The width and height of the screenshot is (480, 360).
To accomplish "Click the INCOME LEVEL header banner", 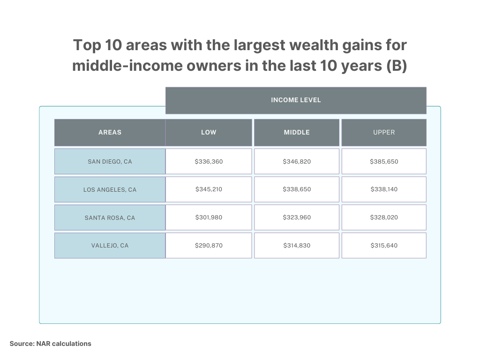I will click(296, 100).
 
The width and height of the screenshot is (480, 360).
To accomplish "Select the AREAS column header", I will click(110, 133).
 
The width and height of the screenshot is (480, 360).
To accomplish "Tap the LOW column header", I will click(209, 133).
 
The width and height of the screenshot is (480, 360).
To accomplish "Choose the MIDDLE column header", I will click(297, 133).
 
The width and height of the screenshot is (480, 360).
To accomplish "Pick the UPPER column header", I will click(384, 133).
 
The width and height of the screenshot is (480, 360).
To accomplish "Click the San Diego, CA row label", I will click(110, 162).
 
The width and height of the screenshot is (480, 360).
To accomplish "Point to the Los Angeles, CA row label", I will click(110, 190).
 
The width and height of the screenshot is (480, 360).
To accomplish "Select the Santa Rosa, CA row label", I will click(110, 218).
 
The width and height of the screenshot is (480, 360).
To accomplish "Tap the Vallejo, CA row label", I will click(110, 246).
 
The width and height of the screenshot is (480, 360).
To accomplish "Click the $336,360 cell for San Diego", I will click(209, 162).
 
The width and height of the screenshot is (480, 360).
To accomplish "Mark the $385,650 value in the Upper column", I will click(384, 162).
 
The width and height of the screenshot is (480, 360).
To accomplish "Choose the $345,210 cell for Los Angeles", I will click(209, 189).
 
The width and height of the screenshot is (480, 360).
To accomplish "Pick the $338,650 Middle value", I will click(297, 189).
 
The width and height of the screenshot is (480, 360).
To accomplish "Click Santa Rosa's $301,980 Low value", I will click(209, 217).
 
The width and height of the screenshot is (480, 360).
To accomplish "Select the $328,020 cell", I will click(384, 217).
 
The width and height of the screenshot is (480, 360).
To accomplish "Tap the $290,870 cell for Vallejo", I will click(209, 246).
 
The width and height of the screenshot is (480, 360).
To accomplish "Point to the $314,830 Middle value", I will click(297, 246).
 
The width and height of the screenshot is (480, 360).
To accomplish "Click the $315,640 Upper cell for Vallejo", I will click(384, 246).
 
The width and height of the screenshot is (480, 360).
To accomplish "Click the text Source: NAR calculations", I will click(51, 344).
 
